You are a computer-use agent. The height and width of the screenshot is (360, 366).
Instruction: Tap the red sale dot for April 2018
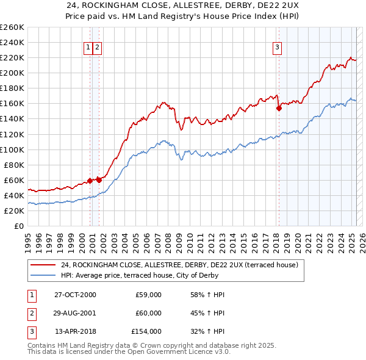279,108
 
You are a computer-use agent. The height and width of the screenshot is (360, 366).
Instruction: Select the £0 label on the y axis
18,226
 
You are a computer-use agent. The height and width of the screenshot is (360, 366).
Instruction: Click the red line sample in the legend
43,265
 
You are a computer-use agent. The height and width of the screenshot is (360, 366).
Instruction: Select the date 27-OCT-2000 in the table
75,295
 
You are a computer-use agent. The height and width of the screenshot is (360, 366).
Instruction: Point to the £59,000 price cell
148,295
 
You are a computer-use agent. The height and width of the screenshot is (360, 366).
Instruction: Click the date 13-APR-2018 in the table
75,331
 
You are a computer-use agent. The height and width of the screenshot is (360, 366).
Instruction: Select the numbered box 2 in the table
30,313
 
